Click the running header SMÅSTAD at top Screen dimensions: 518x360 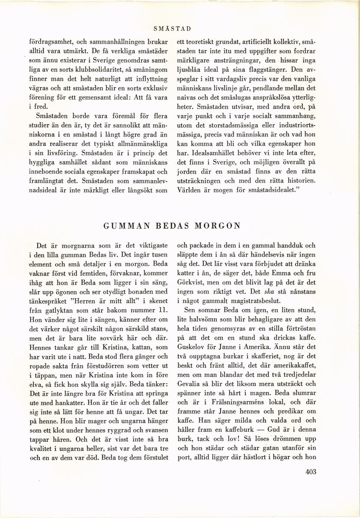coord(173,29)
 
